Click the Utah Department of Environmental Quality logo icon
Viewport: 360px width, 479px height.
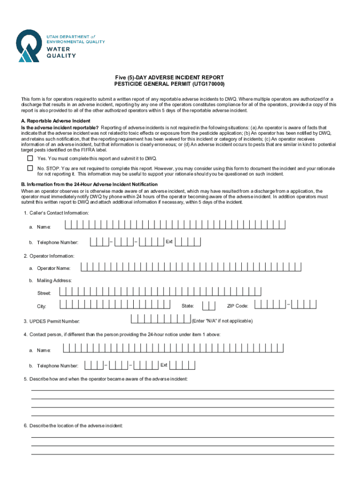(x=29, y=45)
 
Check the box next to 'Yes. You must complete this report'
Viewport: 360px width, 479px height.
(x=30, y=158)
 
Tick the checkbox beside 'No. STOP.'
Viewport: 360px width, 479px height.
(x=30, y=168)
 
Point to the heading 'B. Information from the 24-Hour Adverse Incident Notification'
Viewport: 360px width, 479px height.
(x=89, y=184)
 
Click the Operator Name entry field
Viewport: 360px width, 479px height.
(x=191, y=267)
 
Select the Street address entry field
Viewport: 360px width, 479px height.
(x=160, y=292)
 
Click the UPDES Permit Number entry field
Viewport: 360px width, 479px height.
(x=161, y=320)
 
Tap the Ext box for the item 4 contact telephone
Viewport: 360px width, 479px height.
(x=182, y=365)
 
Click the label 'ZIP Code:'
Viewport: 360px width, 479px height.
(x=238, y=306)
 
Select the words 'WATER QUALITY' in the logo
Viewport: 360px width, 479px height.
(x=60, y=52)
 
